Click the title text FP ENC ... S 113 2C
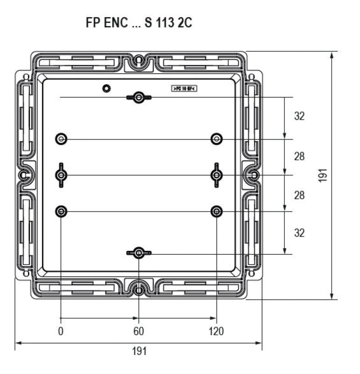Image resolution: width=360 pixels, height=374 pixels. [x=139, y=23]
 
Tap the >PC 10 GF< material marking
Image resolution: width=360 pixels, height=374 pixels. [x=184, y=89]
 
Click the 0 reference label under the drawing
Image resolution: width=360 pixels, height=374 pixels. [x=61, y=332]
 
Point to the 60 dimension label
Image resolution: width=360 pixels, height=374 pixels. [x=139, y=332]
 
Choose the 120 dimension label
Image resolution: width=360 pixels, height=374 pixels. [x=216, y=332]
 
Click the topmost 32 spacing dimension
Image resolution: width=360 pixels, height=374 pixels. [x=299, y=116]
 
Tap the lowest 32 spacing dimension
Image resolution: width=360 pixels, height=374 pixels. [x=299, y=233]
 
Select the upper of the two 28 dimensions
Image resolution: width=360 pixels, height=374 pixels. [x=299, y=157]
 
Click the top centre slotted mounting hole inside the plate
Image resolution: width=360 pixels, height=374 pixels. [x=139, y=98]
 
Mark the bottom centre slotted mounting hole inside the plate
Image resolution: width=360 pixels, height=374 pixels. [x=139, y=254]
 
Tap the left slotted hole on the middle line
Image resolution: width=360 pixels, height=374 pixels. [x=61, y=175]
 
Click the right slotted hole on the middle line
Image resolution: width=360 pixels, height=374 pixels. [x=217, y=175]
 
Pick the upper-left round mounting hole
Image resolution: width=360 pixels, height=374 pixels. [x=61, y=139]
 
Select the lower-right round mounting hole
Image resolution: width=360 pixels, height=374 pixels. [x=217, y=211]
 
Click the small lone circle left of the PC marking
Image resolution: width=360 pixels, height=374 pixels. [x=106, y=88]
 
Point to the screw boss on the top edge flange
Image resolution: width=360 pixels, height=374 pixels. [x=139, y=59]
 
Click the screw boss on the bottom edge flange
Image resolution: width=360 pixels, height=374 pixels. [x=139, y=290]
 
